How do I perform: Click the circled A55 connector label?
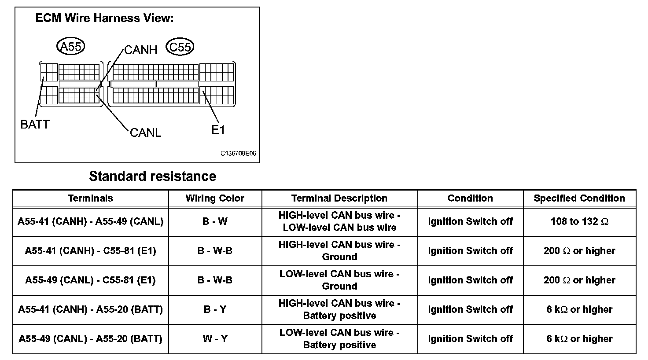tap(70, 46)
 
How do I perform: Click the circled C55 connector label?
tap(180, 47)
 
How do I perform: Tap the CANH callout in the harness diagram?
tap(140, 50)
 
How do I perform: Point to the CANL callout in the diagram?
tap(146, 132)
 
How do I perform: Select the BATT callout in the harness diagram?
tap(35, 125)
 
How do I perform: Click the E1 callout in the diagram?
tap(218, 130)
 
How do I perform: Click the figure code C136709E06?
tap(238, 154)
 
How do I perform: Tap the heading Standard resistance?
tap(152, 176)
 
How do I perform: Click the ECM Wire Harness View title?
tap(104, 18)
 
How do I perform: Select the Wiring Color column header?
tap(215, 198)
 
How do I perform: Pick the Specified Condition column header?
tap(579, 198)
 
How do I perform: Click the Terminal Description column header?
tap(339, 198)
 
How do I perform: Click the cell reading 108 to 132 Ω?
tap(579, 221)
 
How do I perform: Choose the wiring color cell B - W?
tap(215, 221)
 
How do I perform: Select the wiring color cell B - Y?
tap(215, 309)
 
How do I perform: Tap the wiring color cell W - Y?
tap(215, 339)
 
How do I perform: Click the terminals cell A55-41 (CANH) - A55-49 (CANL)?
tap(90, 221)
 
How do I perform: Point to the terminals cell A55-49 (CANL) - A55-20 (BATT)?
tap(90, 339)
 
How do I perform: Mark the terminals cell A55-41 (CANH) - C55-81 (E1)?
tap(90, 251)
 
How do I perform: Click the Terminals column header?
tap(90, 198)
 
